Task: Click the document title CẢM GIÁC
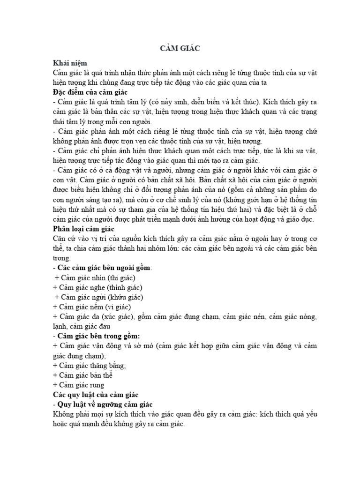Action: [x=180, y=48]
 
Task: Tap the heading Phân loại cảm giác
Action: [x=84, y=229]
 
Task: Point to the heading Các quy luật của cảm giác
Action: [x=98, y=394]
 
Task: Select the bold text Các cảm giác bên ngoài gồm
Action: [x=104, y=268]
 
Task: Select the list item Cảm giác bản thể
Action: [x=86, y=375]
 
